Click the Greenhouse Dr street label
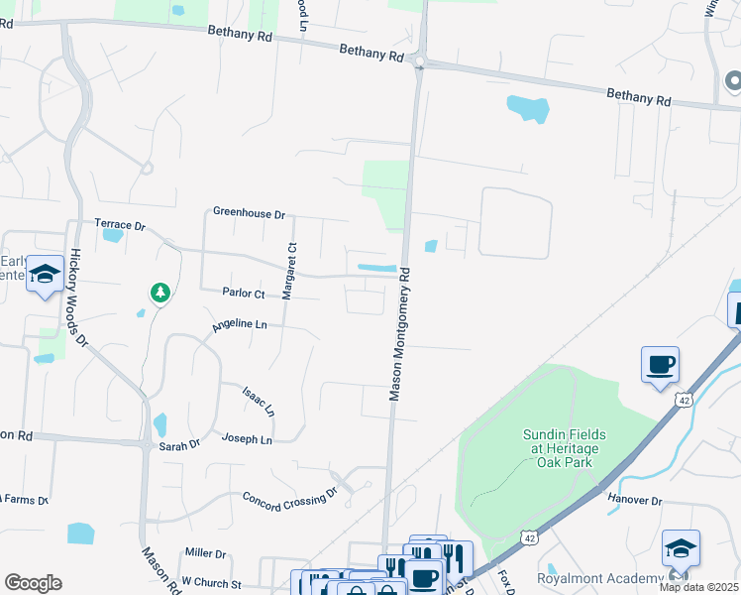tap(249, 213)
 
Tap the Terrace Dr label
tap(120, 226)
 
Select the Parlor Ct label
tap(244, 294)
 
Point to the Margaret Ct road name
tap(290, 271)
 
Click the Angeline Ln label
tap(240, 324)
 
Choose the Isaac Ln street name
tap(258, 400)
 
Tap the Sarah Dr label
tap(180, 445)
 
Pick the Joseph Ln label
tap(247, 437)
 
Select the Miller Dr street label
tap(206, 552)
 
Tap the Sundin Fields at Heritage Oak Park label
tap(565, 448)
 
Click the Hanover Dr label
tap(635, 501)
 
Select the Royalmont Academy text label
tap(598, 578)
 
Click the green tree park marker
tap(159, 293)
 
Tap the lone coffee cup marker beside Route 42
tap(660, 365)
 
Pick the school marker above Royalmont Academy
tap(681, 547)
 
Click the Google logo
tap(33, 583)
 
